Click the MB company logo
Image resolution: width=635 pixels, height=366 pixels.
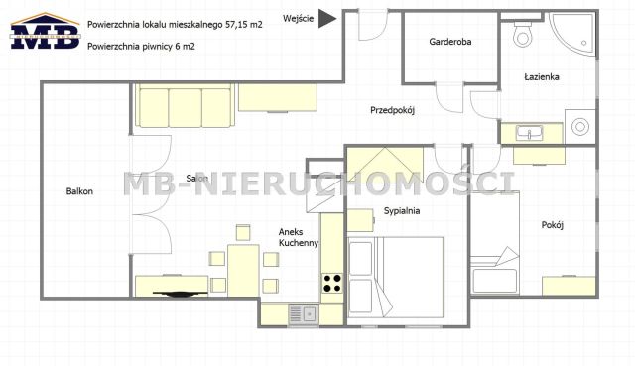point(44,32)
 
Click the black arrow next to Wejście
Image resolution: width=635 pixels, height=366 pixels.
point(327,19)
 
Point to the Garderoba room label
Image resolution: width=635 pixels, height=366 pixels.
point(449,43)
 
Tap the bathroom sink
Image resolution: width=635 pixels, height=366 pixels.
point(530,132)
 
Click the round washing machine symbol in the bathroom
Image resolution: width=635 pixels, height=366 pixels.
point(580,127)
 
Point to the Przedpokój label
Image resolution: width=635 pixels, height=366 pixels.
point(391,110)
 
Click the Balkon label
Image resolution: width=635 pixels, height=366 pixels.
point(79,191)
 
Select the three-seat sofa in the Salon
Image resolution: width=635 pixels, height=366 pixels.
point(185,104)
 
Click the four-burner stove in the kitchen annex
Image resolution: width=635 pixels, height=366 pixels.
point(332,283)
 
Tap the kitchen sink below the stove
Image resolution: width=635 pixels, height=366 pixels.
point(301,314)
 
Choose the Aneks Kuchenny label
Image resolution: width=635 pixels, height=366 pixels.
point(298,236)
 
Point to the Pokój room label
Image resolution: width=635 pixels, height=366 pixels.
point(553,225)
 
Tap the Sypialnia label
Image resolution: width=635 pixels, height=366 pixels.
point(402,211)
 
